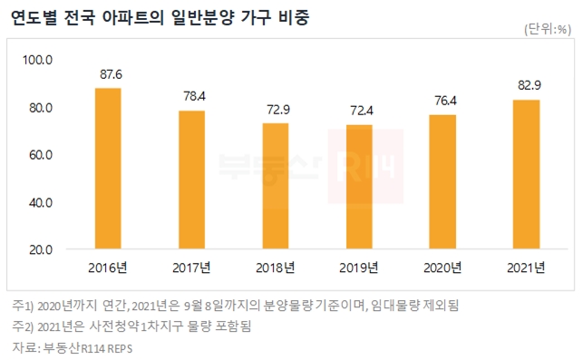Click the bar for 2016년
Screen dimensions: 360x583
click(x=108, y=168)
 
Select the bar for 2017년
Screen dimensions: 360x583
click(x=191, y=179)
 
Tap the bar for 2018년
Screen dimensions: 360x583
click(x=275, y=185)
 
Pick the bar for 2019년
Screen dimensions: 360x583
click(x=359, y=186)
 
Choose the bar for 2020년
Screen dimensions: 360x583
click(x=442, y=181)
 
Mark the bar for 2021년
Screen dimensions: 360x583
click(x=526, y=173)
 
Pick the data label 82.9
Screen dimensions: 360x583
click(x=526, y=87)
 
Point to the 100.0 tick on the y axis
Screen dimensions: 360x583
click(x=39, y=60)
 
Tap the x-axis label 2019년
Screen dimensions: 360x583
click(x=359, y=268)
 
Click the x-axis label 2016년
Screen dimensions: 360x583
click(x=108, y=268)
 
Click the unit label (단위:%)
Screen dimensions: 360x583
click(x=546, y=30)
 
